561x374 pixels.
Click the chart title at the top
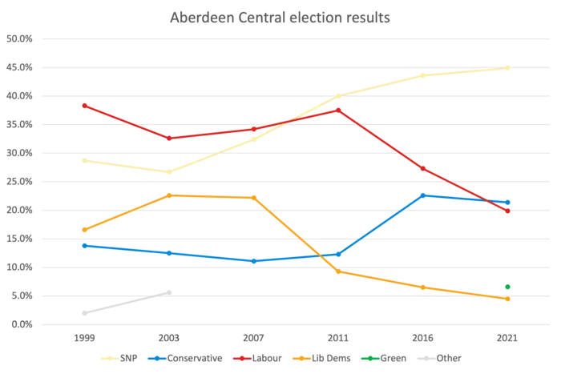click(280, 17)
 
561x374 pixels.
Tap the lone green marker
click(507, 286)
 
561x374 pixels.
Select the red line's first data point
click(83, 105)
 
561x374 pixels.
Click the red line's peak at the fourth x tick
click(337, 110)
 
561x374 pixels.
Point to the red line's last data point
click(507, 210)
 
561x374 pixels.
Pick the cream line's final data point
click(507, 68)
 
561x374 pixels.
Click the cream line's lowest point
click(169, 170)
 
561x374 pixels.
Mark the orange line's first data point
click(83, 230)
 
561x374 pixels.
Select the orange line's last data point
click(507, 300)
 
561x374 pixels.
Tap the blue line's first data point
click(83, 245)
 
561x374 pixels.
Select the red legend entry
click(256, 358)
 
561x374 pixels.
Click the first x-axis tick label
click(83, 339)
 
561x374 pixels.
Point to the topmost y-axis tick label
click(19, 38)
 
